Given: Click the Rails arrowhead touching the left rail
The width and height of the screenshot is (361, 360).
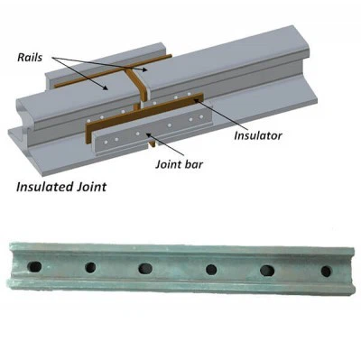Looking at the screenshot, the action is click(107, 88).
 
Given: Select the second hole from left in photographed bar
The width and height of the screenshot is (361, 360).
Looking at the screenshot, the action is click(90, 267).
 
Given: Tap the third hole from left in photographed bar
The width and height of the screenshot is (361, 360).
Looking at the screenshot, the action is click(144, 268).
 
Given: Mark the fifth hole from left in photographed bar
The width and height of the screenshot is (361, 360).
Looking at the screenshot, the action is click(268, 270).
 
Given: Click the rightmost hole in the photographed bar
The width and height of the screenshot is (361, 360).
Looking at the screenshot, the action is click(326, 271).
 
